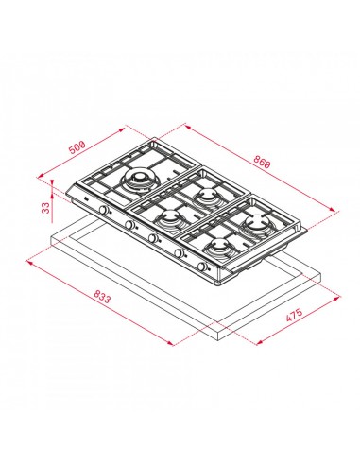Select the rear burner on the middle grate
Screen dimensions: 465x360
point(206,197)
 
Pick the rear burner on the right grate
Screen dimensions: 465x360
point(256,223)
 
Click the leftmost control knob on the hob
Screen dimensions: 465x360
point(85,208)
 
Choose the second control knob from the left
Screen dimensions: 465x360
point(124,226)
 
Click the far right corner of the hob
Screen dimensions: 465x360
point(310,231)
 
